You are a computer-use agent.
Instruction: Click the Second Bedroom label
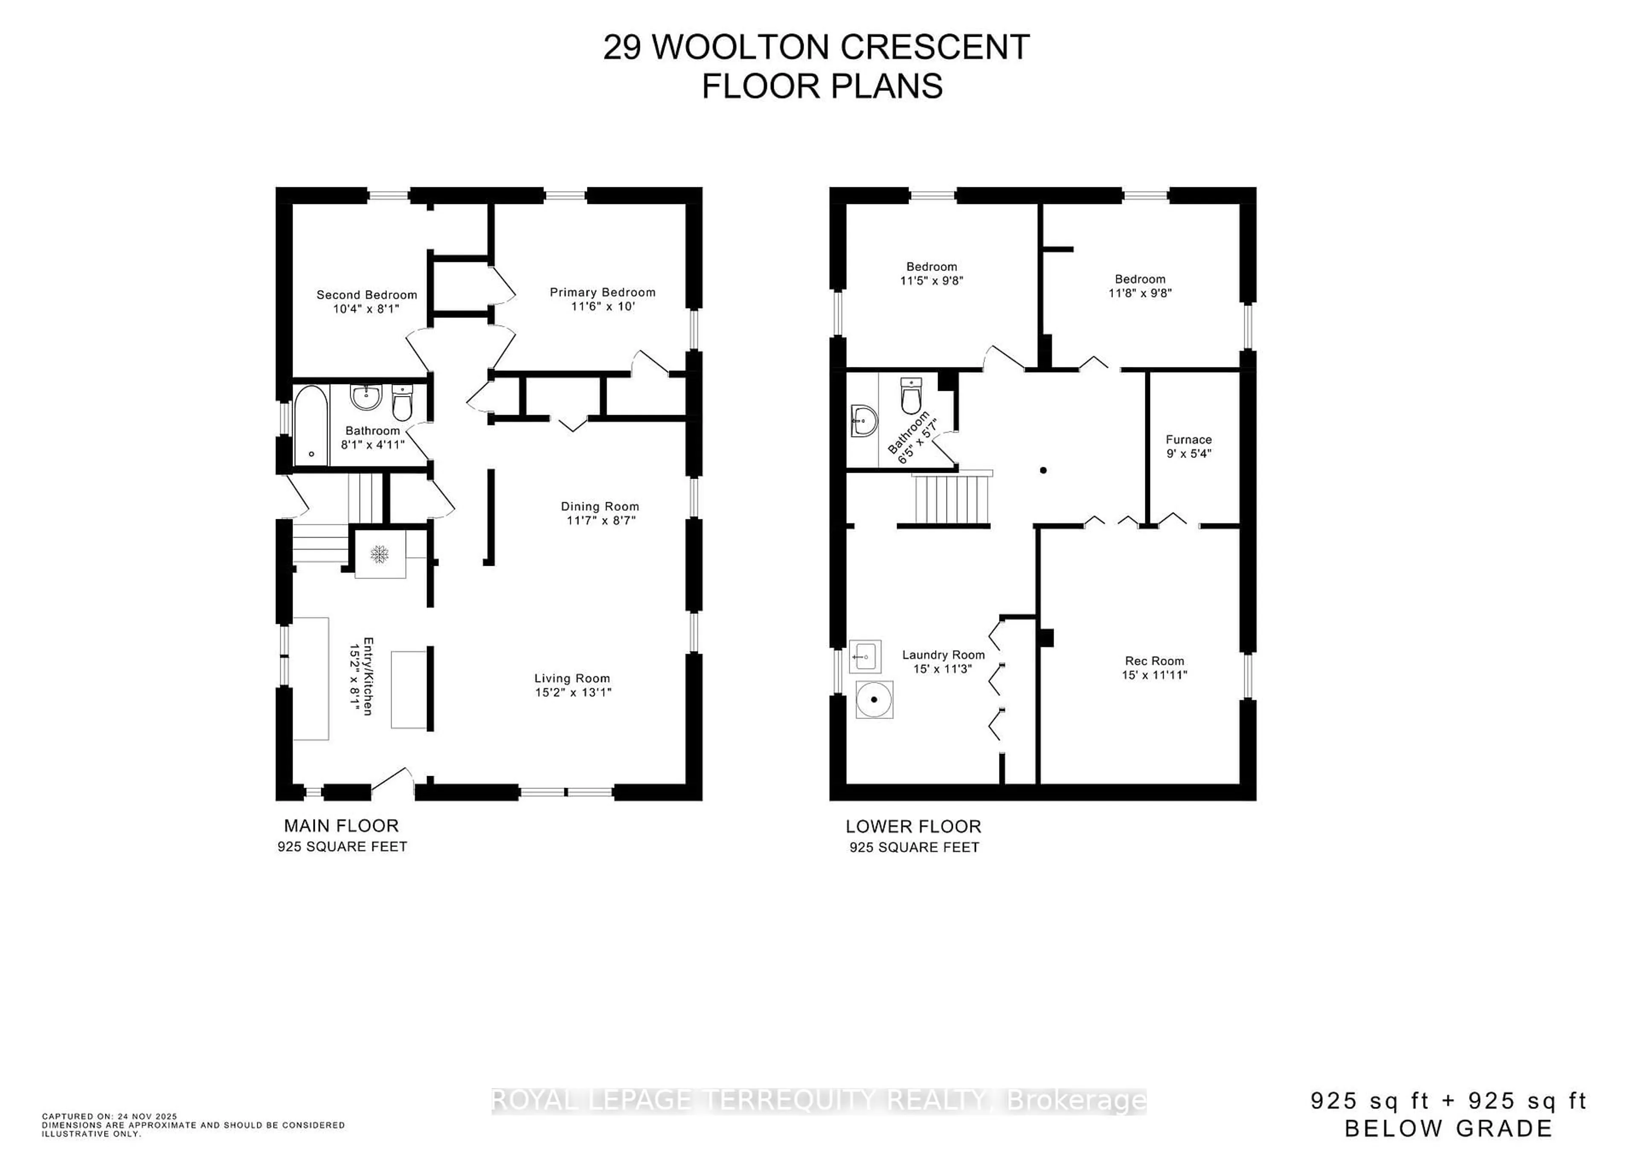(x=367, y=295)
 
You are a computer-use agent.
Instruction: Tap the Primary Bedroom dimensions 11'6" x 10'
(x=603, y=306)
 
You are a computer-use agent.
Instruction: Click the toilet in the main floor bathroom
(x=402, y=404)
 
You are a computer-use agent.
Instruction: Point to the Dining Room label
(x=599, y=506)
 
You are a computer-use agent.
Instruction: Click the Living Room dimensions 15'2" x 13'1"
(x=573, y=692)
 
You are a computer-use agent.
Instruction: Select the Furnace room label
(x=1188, y=439)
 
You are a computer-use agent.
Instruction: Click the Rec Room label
(x=1154, y=660)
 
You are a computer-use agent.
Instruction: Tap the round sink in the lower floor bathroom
(x=864, y=421)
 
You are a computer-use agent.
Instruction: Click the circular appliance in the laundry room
(x=874, y=699)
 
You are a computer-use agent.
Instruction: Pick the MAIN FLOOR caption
(x=341, y=826)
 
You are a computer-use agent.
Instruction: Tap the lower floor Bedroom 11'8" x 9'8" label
(x=1140, y=279)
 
